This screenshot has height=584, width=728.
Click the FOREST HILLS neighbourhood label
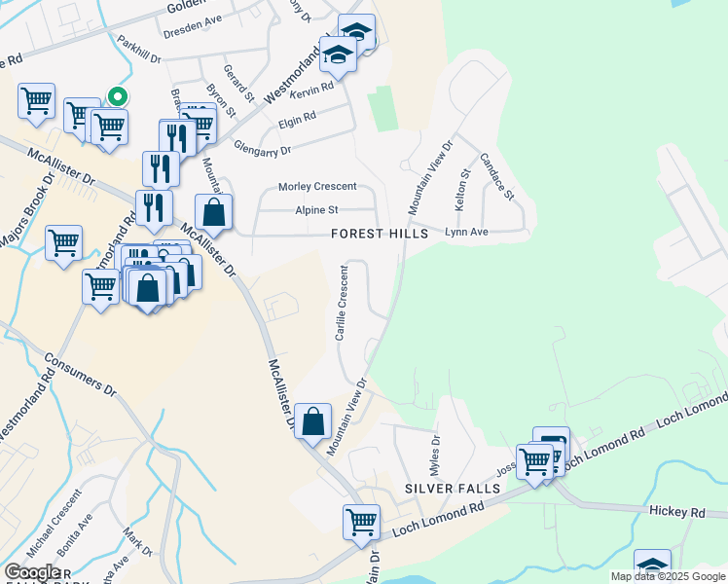point(379,235)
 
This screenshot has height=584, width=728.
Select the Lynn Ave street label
point(465,233)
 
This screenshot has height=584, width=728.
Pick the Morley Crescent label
point(317,187)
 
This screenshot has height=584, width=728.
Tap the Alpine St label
point(316,210)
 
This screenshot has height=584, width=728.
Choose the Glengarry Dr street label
point(262,149)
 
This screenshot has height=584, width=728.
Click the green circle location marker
point(118,96)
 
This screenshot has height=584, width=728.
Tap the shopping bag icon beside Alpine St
point(214,211)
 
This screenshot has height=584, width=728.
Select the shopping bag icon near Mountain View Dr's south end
point(313,421)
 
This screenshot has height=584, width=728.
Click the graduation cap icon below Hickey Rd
point(652,566)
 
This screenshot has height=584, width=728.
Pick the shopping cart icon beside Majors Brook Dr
point(63,241)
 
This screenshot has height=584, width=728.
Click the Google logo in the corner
point(32,572)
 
